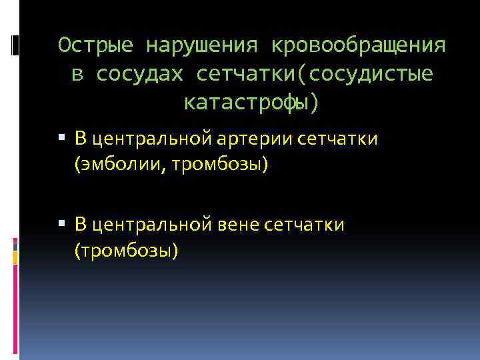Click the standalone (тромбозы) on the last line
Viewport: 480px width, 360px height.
tap(127, 251)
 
